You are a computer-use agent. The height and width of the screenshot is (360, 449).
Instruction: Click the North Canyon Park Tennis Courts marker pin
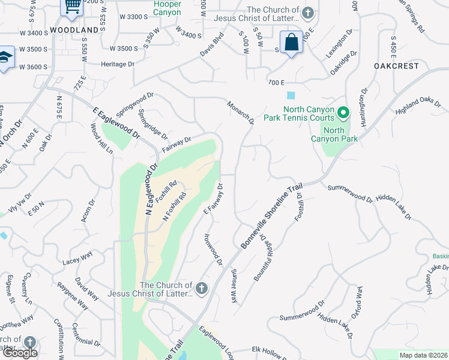tap(343, 113)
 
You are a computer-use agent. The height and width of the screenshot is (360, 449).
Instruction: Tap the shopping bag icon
tap(291, 43)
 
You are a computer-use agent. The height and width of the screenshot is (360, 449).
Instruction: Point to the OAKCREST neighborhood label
tap(396, 66)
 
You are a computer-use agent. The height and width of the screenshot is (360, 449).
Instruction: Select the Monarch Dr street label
tap(241, 113)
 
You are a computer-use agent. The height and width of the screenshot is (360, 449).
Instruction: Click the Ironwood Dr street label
tap(214, 250)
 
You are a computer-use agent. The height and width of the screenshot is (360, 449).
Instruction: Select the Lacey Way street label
tap(77, 259)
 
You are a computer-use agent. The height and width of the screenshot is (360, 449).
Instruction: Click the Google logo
tap(20, 353)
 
